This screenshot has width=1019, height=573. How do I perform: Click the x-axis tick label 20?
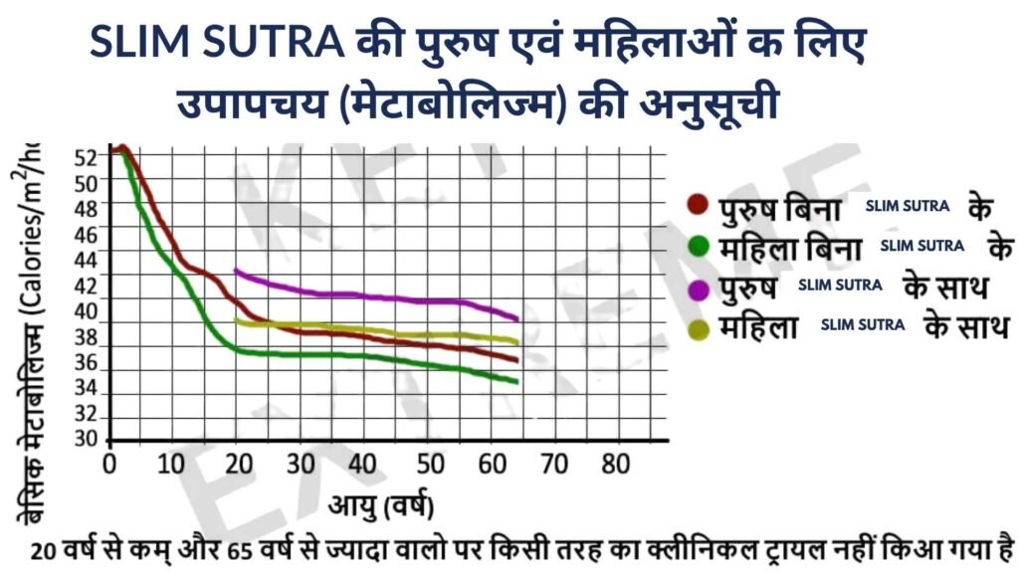(x=236, y=465)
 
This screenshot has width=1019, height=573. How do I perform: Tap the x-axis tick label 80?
(x=617, y=465)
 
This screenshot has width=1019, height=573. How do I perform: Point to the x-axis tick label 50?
(x=428, y=465)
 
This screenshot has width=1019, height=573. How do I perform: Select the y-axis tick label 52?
(x=87, y=157)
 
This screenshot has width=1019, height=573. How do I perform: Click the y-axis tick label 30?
(x=87, y=440)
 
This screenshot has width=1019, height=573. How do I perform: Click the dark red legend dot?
(x=699, y=206)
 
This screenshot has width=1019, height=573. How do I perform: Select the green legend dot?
(x=699, y=245)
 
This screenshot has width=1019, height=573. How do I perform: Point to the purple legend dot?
(x=699, y=288)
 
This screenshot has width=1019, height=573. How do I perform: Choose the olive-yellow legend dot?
(x=699, y=327)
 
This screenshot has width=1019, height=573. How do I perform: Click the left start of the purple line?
(x=235, y=270)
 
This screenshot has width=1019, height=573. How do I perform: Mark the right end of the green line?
(x=516, y=382)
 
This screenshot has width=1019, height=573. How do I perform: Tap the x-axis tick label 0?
(x=109, y=465)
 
